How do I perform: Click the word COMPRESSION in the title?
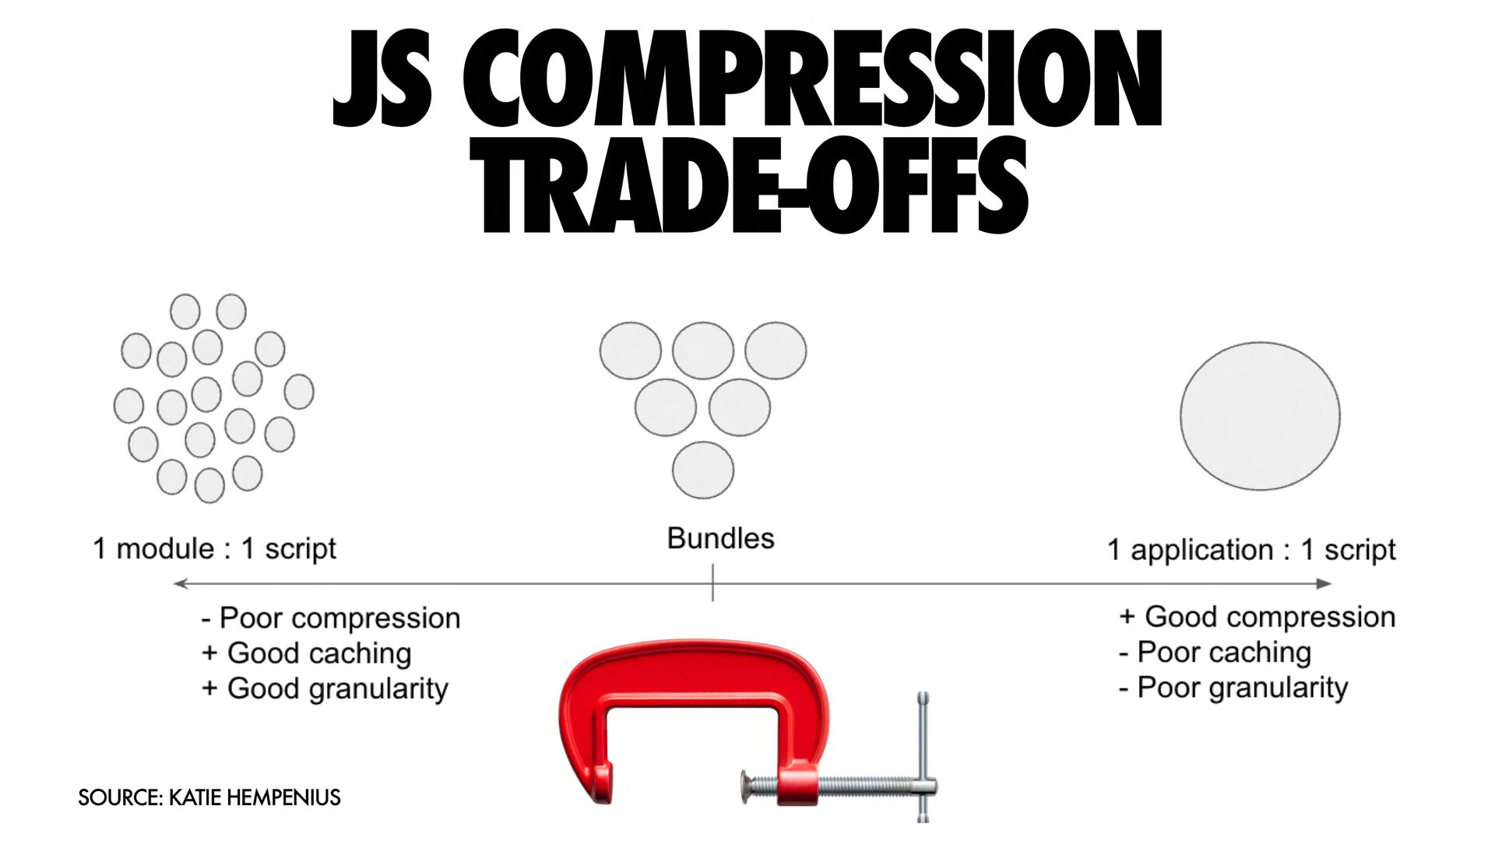[x=812, y=79]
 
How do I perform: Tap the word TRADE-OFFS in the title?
[x=749, y=185]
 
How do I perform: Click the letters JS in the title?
[x=382, y=79]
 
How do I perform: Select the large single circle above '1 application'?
[x=1260, y=416]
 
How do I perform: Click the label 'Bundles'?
[x=720, y=539]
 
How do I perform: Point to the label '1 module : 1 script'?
[x=214, y=549]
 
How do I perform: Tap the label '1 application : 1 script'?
[x=1251, y=550]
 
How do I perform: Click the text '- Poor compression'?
[x=331, y=618]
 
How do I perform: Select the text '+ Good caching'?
[x=306, y=653]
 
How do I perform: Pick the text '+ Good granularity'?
[x=325, y=689]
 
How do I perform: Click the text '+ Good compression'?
[x=1257, y=618]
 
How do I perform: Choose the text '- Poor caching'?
[x=1215, y=653]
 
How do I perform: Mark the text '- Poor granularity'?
[x=1233, y=688]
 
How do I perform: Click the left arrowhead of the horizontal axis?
[x=181, y=583]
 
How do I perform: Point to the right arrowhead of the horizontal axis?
[x=1324, y=583]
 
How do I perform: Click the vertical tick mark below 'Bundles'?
[x=712, y=583]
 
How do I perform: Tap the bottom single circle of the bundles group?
[x=703, y=470]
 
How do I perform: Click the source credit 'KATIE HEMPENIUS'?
[x=255, y=797]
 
